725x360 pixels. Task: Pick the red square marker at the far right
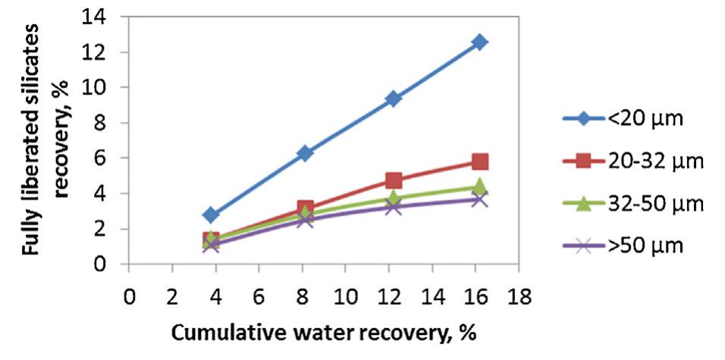click(x=479, y=162)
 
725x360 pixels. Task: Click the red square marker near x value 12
click(x=393, y=180)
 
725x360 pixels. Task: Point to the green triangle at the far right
click(x=479, y=186)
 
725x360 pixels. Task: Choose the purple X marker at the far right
click(x=479, y=199)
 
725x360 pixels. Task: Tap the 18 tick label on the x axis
click(x=519, y=294)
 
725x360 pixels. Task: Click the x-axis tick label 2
click(x=172, y=294)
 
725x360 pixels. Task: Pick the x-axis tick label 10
click(x=345, y=294)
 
